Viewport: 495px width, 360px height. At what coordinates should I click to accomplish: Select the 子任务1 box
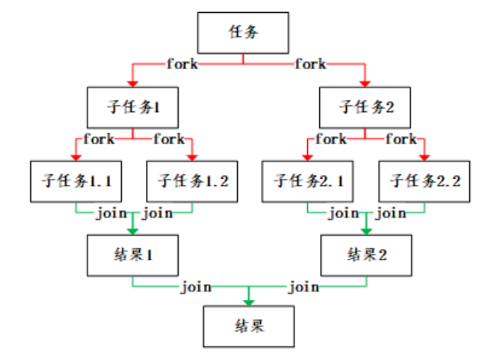point(132,107)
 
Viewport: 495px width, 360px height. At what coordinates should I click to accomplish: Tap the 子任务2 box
point(366,107)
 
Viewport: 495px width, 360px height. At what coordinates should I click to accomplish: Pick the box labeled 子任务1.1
point(77,181)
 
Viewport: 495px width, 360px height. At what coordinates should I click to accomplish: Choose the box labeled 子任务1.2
point(192,181)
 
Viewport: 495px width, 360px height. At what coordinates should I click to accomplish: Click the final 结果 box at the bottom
point(248,327)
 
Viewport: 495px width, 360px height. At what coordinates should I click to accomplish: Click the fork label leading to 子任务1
point(182,64)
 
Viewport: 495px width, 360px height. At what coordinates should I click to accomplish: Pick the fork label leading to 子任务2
point(310,64)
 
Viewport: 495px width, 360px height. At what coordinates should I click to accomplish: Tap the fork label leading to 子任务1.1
point(99,139)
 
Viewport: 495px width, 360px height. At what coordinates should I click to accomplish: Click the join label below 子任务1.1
point(110,212)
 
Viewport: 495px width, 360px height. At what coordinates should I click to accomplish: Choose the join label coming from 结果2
point(303,287)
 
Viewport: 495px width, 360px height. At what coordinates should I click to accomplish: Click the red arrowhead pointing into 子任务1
point(132,81)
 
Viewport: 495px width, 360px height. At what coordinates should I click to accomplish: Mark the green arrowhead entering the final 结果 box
point(248,301)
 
